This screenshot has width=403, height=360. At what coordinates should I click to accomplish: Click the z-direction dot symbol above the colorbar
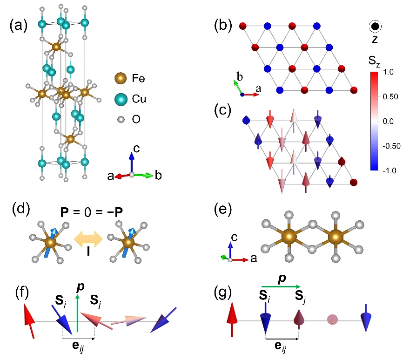[375, 26]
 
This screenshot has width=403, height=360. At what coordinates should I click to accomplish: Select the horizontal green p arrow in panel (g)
[281, 286]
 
